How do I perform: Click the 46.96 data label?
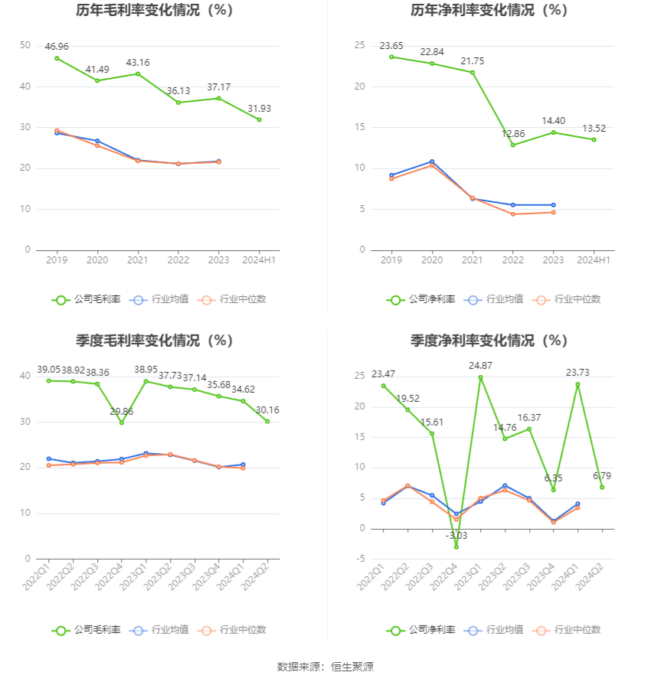pyautogui.click(x=57, y=47)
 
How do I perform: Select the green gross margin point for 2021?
pyautogui.click(x=138, y=73)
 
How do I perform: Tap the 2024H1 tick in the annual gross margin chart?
pyautogui.click(x=259, y=260)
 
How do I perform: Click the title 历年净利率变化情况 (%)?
pyautogui.click(x=489, y=11)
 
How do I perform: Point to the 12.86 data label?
pyautogui.click(x=513, y=133)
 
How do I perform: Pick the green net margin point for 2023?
pyautogui.click(x=553, y=132)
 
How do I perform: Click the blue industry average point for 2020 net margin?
pyautogui.click(x=432, y=162)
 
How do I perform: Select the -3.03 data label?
pyautogui.click(x=456, y=536)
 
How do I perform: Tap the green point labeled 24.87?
pyautogui.click(x=480, y=377)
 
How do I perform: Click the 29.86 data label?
pyautogui.click(x=122, y=411)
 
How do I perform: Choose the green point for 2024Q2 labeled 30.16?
pyautogui.click(x=267, y=421)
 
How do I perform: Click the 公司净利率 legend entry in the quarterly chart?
pyautogui.click(x=420, y=630)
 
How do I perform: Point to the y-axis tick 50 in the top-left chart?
pyautogui.click(x=25, y=46)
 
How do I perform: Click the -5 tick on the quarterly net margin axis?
pyautogui.click(x=361, y=559)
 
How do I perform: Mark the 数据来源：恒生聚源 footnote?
pyautogui.click(x=325, y=667)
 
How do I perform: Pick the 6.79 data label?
pyautogui.click(x=602, y=476)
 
